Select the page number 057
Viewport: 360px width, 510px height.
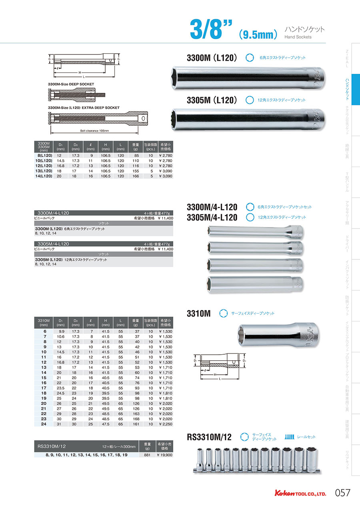pos(342,493)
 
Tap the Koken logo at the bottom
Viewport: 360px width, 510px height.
pos(300,493)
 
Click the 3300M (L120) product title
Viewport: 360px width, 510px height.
pos(212,58)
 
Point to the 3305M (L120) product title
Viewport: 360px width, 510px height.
pos(212,100)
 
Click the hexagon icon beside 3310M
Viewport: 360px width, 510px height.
pos(223,313)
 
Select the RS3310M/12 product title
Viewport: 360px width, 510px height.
pos(209,438)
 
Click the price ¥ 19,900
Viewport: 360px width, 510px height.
pos(164,455)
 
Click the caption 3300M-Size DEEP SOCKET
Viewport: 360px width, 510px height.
pos(71,84)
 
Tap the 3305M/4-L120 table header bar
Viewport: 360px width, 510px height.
pos(104,243)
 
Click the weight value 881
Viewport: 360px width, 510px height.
pos(147,455)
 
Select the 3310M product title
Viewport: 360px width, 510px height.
pos(198,314)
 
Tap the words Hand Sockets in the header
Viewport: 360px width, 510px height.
pos(298,37)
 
